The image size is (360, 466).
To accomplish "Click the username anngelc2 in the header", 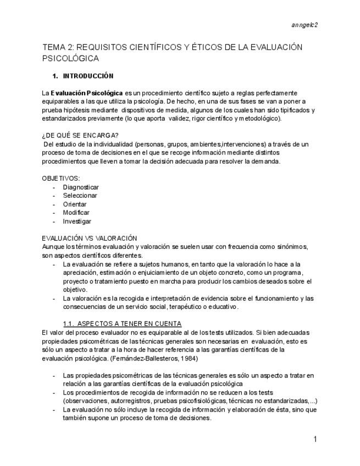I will [x=305, y=25].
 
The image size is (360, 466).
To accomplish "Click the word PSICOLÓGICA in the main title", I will [x=70, y=58].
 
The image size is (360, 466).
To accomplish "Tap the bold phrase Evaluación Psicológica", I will [x=87, y=93].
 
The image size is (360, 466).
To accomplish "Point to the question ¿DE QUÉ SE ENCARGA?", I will [x=81, y=135].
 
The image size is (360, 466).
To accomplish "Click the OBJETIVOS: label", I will [x=60, y=178].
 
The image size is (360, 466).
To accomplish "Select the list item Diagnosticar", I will [x=81, y=187].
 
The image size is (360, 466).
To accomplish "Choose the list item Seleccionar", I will [x=80, y=196].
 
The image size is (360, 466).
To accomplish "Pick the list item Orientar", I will [x=75, y=204].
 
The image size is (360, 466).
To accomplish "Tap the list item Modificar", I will [x=76, y=213].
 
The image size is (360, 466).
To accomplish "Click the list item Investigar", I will [x=77, y=221].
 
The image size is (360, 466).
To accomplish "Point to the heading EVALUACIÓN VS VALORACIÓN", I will [x=89, y=238].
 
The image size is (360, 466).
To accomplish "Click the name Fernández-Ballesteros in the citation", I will [x=152, y=358].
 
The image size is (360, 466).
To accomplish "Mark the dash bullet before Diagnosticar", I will [x=54, y=187].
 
